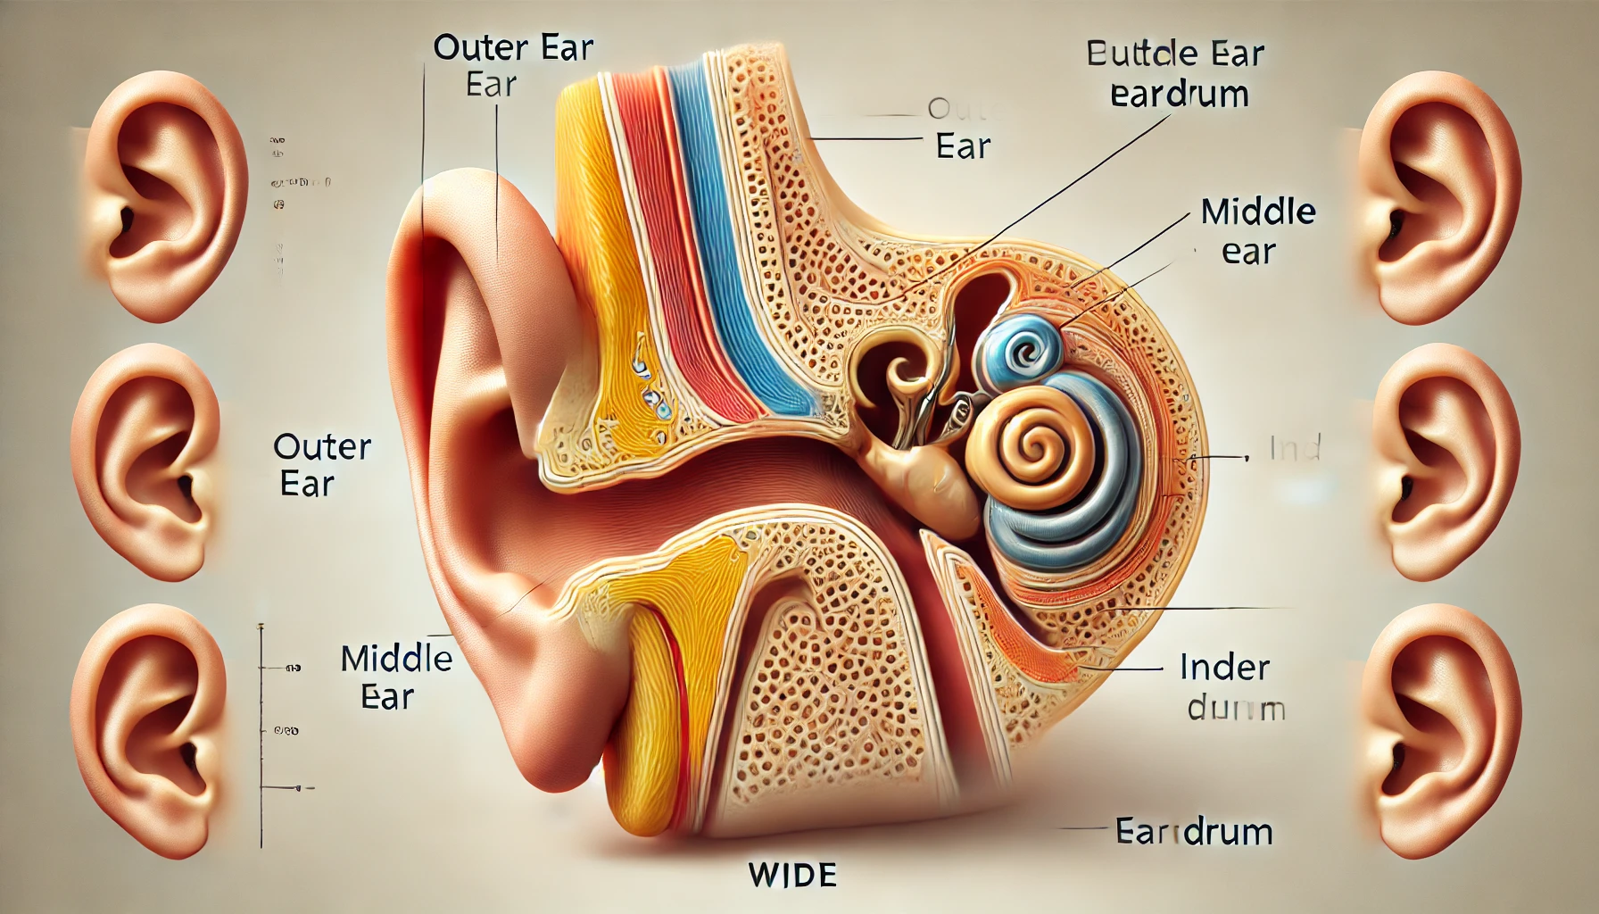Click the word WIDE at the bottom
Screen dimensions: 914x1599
[792, 875]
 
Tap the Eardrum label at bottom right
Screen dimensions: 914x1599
[1194, 832]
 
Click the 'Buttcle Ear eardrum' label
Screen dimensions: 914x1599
[1176, 74]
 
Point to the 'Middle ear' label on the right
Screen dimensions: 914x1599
[1256, 231]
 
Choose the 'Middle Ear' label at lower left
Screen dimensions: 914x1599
[395, 677]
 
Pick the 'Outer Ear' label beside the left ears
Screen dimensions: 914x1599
[320, 465]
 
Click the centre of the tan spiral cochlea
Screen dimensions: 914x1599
[1035, 441]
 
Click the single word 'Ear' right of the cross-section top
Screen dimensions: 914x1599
[963, 146]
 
